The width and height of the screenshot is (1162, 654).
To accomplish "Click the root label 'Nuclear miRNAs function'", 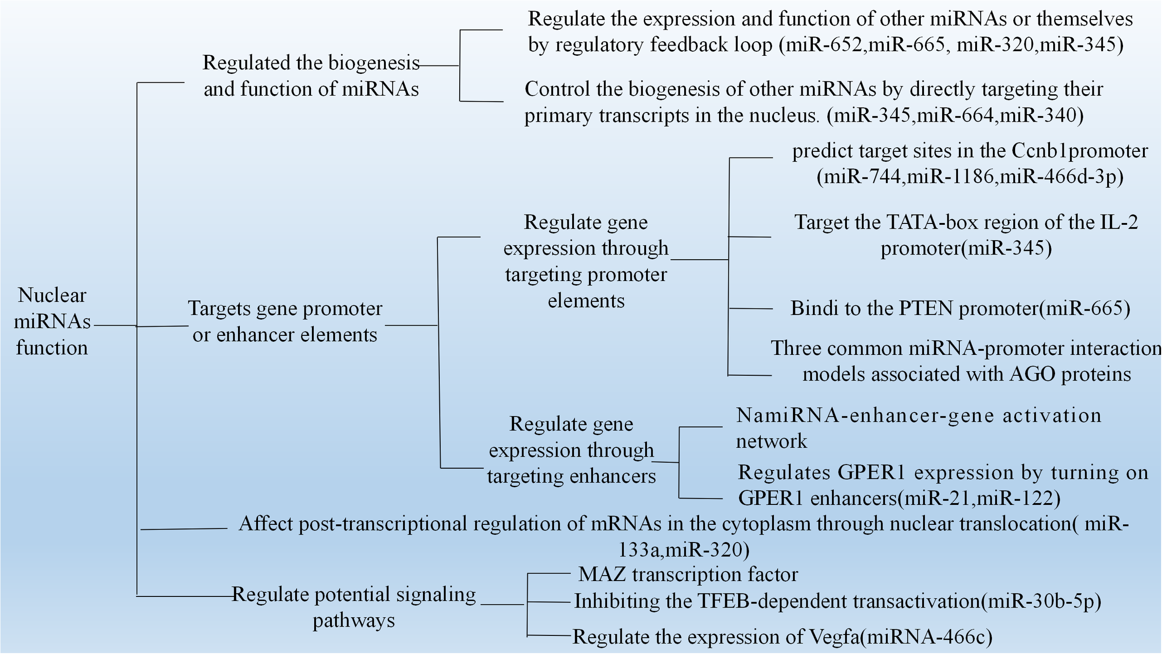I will [52, 321].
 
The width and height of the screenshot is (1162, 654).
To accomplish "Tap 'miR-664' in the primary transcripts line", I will [956, 115].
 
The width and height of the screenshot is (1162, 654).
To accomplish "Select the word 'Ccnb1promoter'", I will [1079, 151].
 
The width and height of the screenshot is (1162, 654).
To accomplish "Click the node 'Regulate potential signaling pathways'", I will [354, 607].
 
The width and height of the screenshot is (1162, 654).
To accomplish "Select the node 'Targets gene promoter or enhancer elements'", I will [285, 321].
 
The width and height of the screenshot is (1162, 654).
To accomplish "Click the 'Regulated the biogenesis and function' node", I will [310, 76].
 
